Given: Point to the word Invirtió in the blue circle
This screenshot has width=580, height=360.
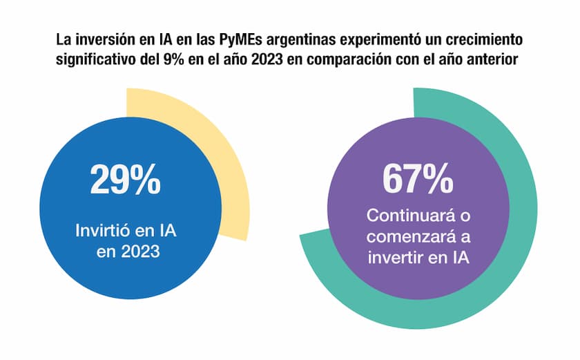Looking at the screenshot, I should [106, 230].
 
